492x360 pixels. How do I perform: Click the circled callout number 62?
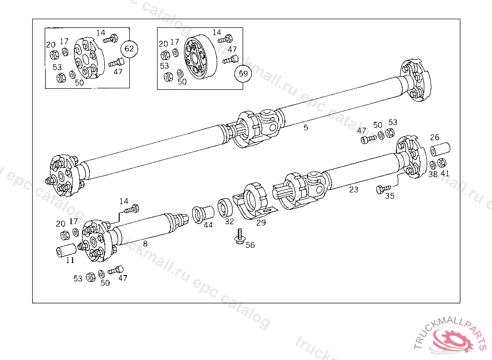pos(129,49)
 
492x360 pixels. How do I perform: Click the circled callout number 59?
pos(244,74)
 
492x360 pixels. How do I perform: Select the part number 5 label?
pos(306,128)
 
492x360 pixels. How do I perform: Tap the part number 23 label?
pos(354,190)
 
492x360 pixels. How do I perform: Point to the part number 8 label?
pos(145,244)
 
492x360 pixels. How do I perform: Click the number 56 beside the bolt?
pos(250,245)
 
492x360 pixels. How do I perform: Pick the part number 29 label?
pos(261,223)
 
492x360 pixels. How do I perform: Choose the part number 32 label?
pos(229,221)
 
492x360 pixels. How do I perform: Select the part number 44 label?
pos(208,225)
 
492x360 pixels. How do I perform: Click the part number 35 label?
pos(390,196)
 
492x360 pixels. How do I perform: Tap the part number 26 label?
pos(434,137)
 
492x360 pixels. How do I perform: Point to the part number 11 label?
pos(70,261)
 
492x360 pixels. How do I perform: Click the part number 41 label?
pos(445,173)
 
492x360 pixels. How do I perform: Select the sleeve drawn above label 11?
pos(66,251)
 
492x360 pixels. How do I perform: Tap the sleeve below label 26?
pos(440,149)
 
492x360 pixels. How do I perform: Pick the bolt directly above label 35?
pos(381,189)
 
